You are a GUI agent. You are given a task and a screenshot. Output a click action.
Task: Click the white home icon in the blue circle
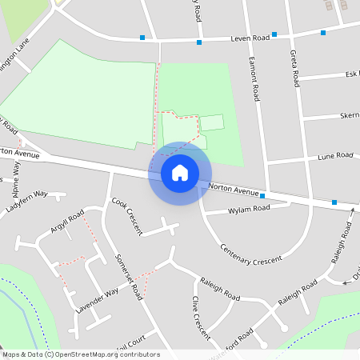[x=180, y=173]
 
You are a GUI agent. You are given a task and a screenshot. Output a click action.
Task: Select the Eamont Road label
[x=254, y=78]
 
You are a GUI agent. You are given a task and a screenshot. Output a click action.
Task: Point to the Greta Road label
[x=294, y=68]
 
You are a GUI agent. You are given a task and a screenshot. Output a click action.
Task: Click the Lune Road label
[x=334, y=156]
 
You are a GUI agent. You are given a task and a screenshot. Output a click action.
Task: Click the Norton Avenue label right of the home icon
[x=233, y=190]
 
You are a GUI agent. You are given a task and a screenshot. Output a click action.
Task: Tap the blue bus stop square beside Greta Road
[x=274, y=34]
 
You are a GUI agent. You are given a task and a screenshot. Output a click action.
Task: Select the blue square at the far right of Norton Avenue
[x=334, y=202]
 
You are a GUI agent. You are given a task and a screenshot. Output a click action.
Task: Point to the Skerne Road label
[x=349, y=115]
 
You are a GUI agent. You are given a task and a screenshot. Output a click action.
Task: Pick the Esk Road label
[x=351, y=74]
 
